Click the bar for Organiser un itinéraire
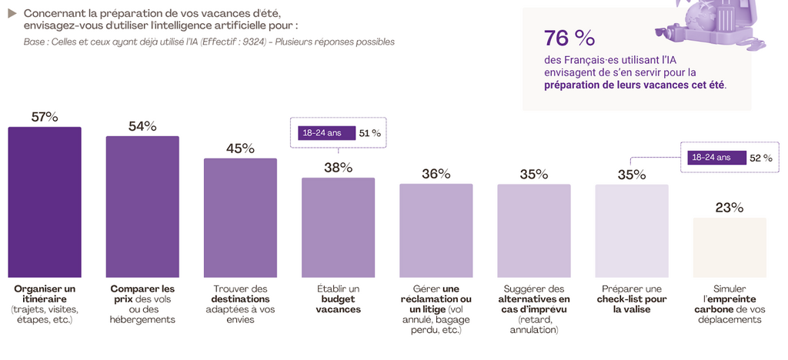44,202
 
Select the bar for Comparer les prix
142,207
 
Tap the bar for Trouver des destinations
240,218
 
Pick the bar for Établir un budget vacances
338,228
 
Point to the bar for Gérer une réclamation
436,231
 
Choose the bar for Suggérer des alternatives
534,231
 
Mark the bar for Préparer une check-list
632,231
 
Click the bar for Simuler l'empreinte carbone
730,247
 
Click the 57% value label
45,117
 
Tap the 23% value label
730,208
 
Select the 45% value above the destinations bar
240,148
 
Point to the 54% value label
142,126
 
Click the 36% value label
436,174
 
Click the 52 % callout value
760,158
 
